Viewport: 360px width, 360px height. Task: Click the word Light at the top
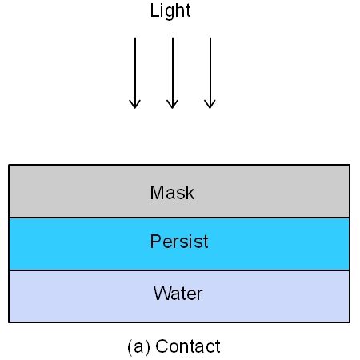coord(170,11)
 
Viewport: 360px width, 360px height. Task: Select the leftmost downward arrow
coord(135,72)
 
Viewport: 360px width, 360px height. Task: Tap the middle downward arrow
coord(172,72)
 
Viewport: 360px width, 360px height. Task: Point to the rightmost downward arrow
coord(210,72)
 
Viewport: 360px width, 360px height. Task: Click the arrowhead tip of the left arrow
coord(135,107)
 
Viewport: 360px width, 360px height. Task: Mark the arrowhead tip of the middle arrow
coord(172,107)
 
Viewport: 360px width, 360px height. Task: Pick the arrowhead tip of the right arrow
coord(210,107)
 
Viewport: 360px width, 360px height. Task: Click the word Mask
coord(172,193)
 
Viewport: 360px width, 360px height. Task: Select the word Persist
coord(179,242)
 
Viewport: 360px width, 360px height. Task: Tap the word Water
coord(178,294)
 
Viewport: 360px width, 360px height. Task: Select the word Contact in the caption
coord(188,346)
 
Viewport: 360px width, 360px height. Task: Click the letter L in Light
coord(154,11)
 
